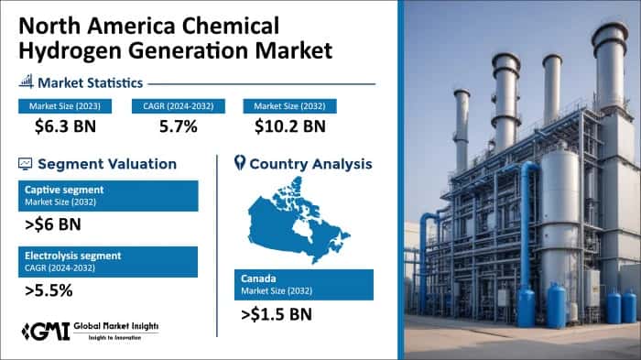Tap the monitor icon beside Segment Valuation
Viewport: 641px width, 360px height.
point(25,164)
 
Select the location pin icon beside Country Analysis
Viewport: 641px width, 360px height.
point(240,164)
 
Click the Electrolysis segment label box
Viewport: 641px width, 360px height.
point(107,261)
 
